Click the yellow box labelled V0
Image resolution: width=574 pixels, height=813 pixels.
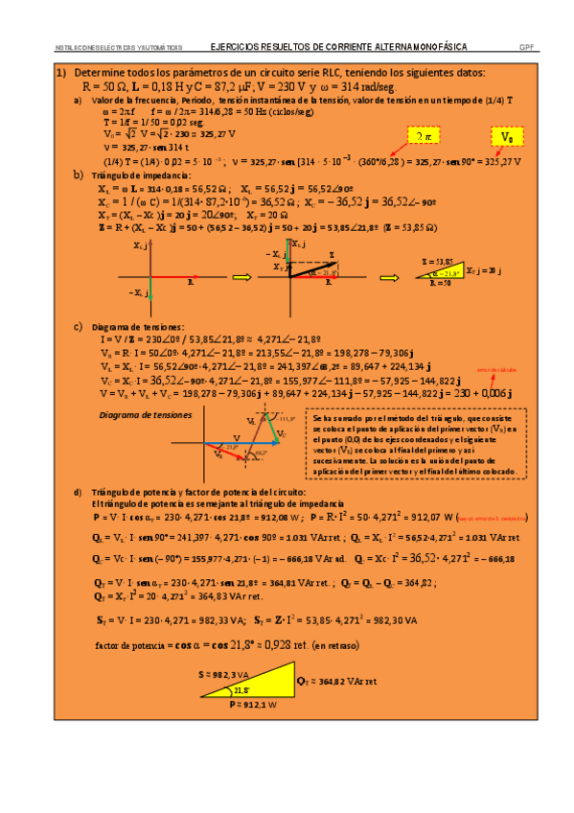click(x=507, y=138)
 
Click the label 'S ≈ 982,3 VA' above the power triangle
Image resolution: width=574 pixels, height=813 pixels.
click(x=220, y=674)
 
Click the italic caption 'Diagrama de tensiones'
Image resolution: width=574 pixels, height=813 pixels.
click(x=146, y=415)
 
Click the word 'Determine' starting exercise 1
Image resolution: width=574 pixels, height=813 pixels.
click(x=98, y=73)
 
